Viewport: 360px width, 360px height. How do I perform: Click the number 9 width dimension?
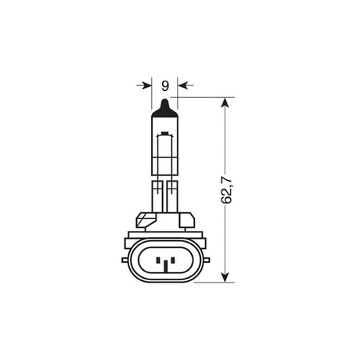(x=164, y=85)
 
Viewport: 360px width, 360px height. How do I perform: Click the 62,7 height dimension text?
(x=228, y=190)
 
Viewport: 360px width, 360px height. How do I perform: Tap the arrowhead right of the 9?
(x=182, y=85)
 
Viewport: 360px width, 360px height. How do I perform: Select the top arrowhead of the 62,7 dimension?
(x=226, y=103)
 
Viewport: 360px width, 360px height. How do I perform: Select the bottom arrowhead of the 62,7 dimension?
(x=226, y=275)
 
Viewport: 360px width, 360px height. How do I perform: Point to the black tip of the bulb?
(x=164, y=105)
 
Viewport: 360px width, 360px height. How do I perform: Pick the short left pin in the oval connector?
(x=159, y=259)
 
